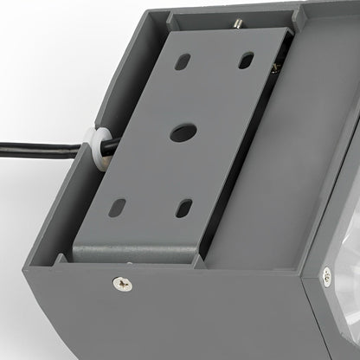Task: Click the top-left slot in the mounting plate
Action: click(183, 62)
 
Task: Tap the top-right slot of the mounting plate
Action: click(247, 60)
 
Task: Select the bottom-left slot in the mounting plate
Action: click(119, 207)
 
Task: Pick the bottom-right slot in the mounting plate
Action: click(183, 208)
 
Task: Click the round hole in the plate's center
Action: click(182, 133)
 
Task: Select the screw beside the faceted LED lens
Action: click(326, 276)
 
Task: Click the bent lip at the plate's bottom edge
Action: click(138, 254)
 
